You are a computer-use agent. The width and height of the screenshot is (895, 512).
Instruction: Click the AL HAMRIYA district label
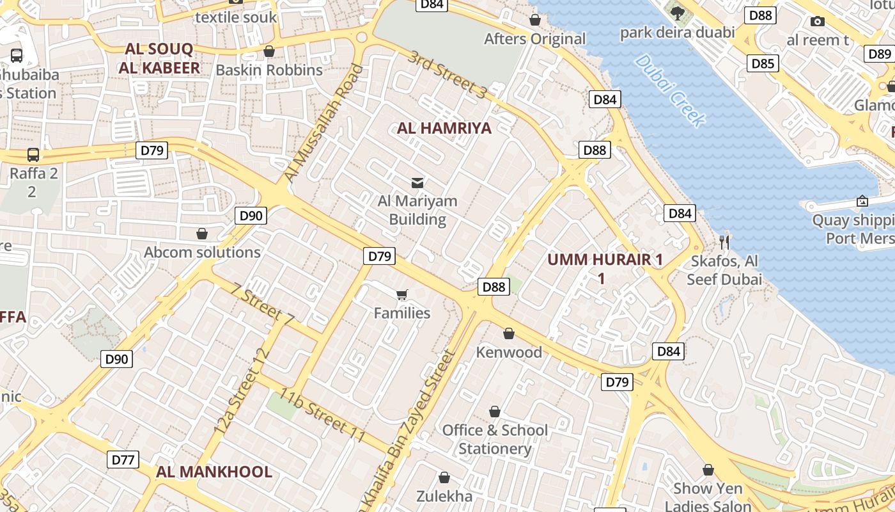444,128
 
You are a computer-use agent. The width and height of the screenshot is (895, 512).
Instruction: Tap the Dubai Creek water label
671,90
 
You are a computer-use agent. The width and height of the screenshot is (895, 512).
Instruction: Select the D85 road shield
763,63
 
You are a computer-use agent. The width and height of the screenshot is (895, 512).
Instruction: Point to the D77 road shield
123,460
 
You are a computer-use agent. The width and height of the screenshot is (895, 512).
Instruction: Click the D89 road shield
880,54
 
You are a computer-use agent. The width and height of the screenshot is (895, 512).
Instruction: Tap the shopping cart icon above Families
401,294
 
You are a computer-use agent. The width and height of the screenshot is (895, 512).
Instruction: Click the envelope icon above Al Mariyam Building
417,183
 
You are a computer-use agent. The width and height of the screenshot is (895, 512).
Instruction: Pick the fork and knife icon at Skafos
724,242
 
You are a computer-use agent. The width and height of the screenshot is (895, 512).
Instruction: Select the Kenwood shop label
509,352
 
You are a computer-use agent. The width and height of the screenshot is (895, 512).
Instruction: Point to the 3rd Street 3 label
447,74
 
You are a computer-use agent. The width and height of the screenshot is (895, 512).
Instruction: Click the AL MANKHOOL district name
214,472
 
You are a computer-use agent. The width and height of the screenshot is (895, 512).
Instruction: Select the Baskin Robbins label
269,70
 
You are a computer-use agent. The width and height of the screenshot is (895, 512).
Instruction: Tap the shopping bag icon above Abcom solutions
202,234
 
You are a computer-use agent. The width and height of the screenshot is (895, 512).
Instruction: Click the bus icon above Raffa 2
33,154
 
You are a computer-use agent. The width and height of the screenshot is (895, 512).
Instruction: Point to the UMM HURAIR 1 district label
605,260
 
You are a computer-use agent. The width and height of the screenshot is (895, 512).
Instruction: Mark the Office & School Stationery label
495,439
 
